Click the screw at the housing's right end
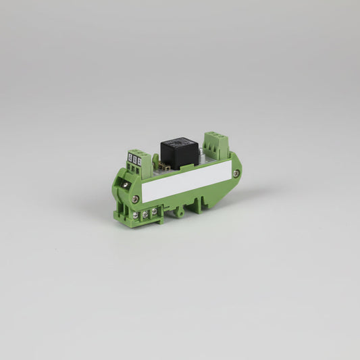(x=235, y=173)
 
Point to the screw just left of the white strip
(x=136, y=199)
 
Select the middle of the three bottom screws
(x=146, y=213)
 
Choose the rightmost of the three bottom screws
(x=154, y=211)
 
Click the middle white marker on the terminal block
(x=135, y=159)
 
